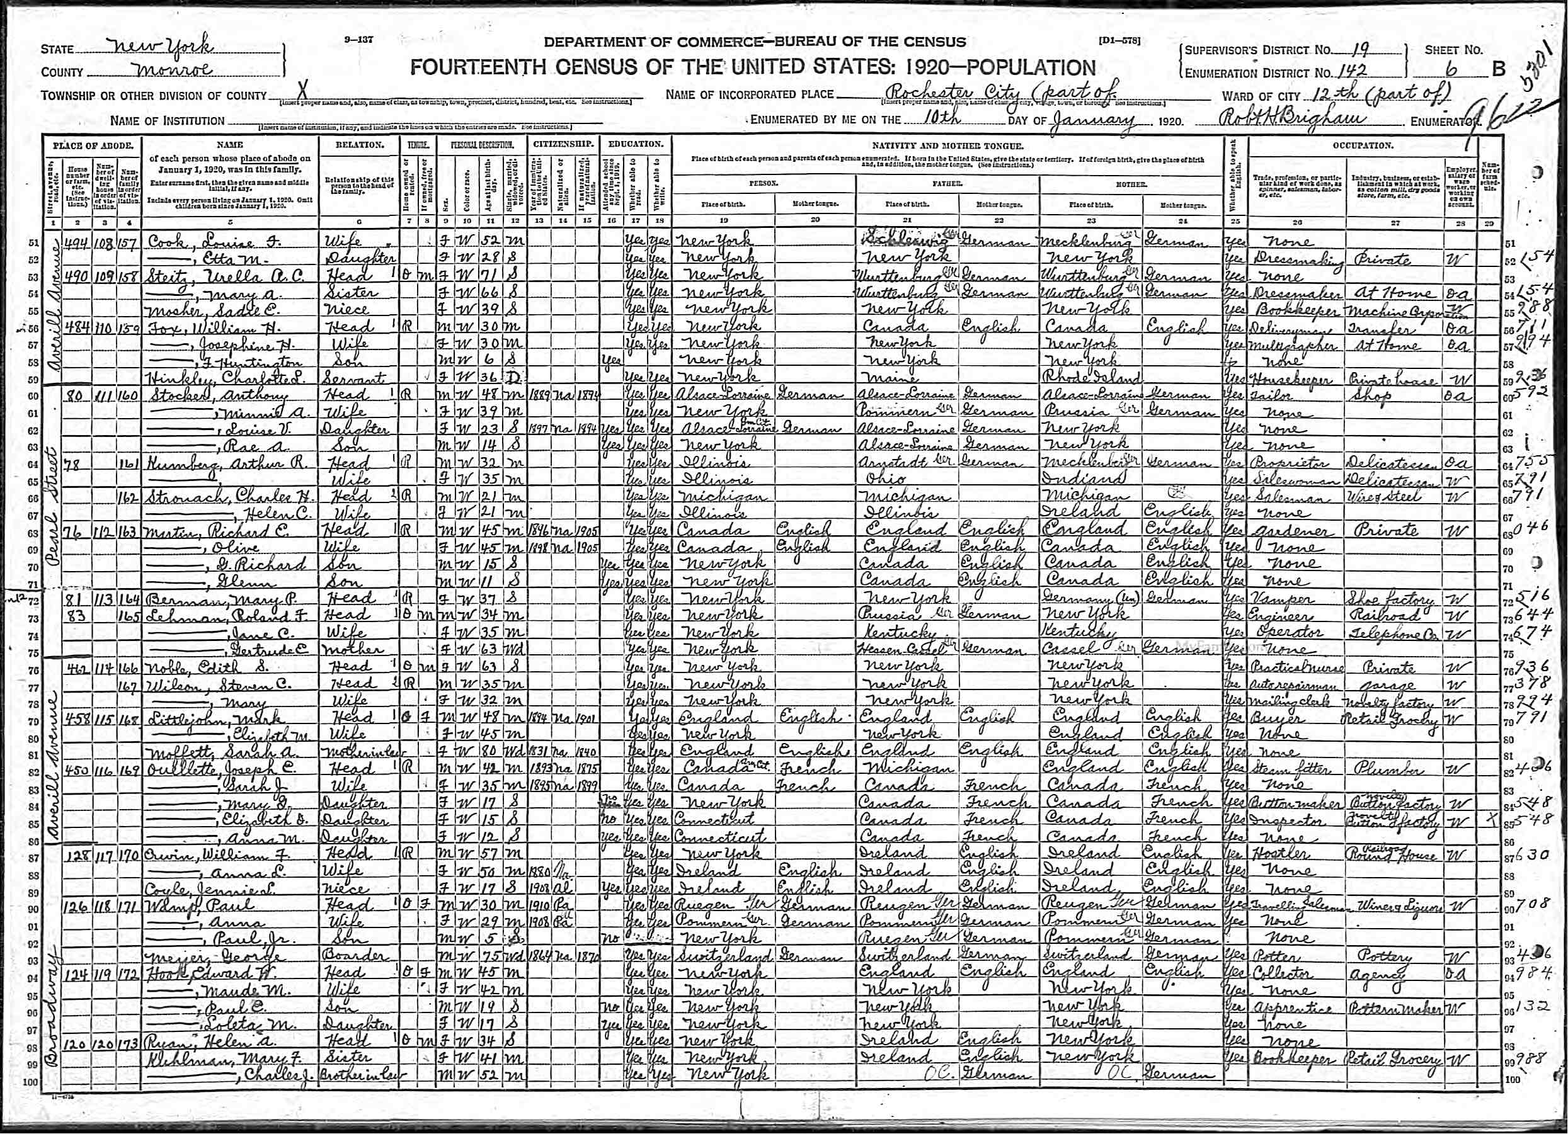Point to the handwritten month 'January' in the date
point(1092,119)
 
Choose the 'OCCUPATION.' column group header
point(1361,146)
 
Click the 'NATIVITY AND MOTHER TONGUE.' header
point(947,146)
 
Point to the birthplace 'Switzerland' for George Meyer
point(719,956)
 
